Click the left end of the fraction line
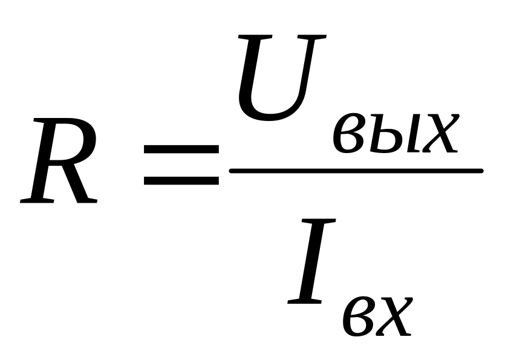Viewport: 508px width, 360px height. (x=233, y=171)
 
